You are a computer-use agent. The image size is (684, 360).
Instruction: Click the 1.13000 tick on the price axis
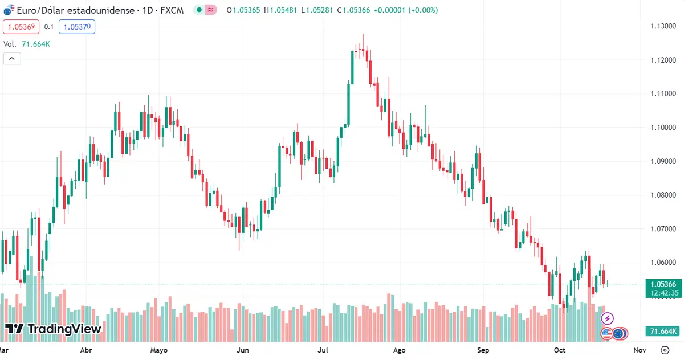663,26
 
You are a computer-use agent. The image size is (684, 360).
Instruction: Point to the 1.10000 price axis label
663,128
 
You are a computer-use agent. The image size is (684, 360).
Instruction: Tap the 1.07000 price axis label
663,229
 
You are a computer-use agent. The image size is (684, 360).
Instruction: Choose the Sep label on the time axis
483,350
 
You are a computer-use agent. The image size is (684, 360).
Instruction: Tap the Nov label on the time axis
640,350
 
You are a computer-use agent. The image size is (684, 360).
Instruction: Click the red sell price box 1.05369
21,27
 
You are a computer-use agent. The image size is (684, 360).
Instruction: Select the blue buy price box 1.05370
79,27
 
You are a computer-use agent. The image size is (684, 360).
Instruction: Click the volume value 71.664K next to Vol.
36,44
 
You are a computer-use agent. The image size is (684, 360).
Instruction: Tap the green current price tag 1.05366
662,284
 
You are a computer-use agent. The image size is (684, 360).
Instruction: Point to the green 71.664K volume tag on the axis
662,332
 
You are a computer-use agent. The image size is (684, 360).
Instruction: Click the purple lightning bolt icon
608,318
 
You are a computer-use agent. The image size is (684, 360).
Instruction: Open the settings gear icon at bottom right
665,350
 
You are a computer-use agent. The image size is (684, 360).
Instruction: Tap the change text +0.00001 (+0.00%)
406,10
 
